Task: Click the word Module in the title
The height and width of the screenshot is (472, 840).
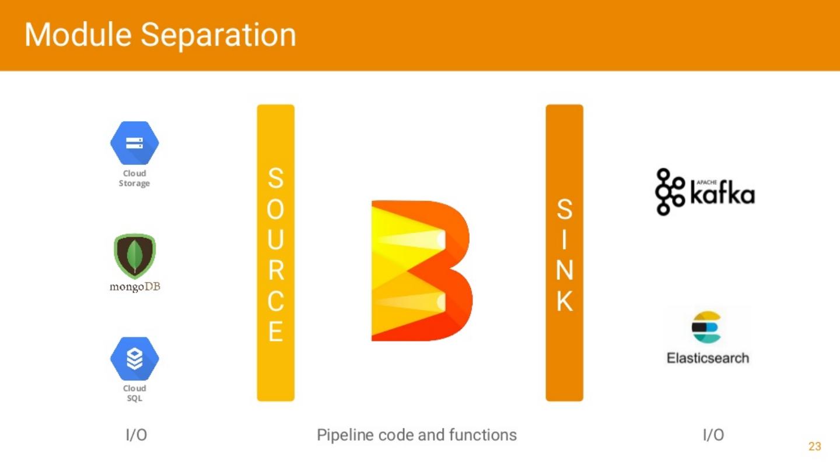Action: [x=78, y=35]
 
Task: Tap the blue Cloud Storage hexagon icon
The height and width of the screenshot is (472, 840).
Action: [x=134, y=143]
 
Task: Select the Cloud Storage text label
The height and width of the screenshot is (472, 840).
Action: [x=134, y=178]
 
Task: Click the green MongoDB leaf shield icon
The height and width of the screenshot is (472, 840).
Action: [x=134, y=255]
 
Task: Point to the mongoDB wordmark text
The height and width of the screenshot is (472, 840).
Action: [x=135, y=287]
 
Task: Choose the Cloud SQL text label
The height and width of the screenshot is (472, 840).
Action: [x=134, y=393]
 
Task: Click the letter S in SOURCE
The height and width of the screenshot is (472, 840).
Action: [x=275, y=179]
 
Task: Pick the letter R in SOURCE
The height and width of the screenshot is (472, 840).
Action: [x=275, y=270]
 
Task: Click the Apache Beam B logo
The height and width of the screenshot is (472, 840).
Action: [x=421, y=271]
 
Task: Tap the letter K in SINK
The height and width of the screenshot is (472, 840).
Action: [x=564, y=301]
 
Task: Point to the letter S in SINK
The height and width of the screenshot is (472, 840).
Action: [x=564, y=210]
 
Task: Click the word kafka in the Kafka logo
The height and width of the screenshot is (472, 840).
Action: [x=722, y=194]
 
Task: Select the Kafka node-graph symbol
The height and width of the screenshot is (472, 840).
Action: [x=670, y=192]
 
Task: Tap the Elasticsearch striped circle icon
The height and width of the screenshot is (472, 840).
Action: [x=706, y=327]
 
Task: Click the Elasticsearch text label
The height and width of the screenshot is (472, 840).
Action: [x=708, y=358]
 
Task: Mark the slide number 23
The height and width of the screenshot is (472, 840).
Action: [x=814, y=446]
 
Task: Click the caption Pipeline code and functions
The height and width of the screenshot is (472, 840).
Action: [x=416, y=435]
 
